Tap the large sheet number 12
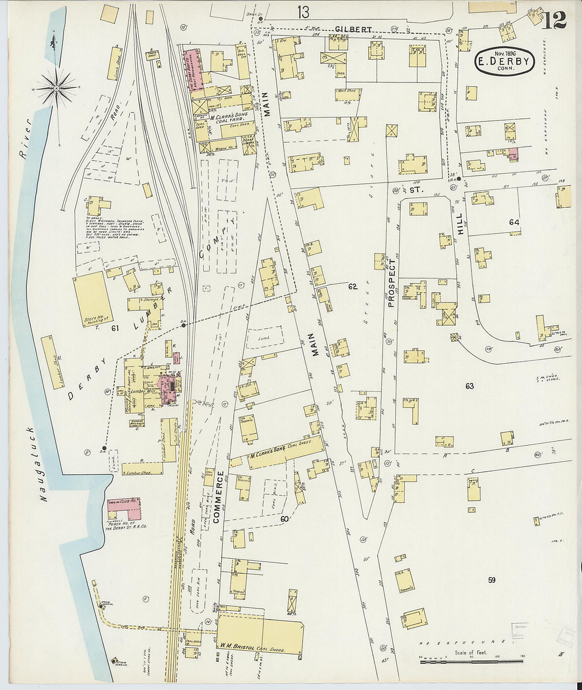click(x=554, y=20)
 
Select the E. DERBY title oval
click(x=504, y=62)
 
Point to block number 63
click(x=469, y=386)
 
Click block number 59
click(x=492, y=580)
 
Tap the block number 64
click(x=514, y=223)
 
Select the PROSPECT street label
click(x=392, y=283)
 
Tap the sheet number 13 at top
click(x=303, y=11)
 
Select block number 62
click(x=352, y=287)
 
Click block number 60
click(x=284, y=519)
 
